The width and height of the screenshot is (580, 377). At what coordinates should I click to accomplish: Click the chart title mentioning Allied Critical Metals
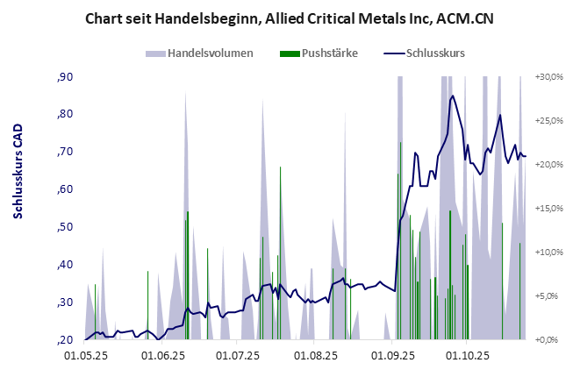(x=289, y=18)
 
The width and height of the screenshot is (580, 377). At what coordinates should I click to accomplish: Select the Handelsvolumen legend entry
(x=211, y=53)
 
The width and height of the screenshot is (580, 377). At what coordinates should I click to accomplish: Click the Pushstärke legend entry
(x=328, y=53)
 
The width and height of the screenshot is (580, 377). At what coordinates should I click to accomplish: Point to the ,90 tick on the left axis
(x=65, y=77)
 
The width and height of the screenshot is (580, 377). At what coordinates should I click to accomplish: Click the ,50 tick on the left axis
(x=65, y=227)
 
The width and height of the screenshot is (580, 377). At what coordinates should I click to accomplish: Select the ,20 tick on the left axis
(x=65, y=340)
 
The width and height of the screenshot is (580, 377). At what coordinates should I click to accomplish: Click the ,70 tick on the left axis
(x=65, y=152)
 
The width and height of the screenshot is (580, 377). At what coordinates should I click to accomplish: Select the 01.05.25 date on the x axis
(x=86, y=357)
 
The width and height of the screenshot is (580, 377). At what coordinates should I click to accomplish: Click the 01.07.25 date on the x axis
(x=239, y=357)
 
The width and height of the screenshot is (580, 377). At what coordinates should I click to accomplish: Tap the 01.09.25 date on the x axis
(x=392, y=357)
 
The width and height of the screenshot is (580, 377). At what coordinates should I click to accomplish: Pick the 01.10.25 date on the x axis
(x=468, y=357)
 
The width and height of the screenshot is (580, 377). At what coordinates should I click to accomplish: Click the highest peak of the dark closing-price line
(x=452, y=96)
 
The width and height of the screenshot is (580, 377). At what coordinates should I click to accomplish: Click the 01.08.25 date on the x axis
(x=316, y=357)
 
